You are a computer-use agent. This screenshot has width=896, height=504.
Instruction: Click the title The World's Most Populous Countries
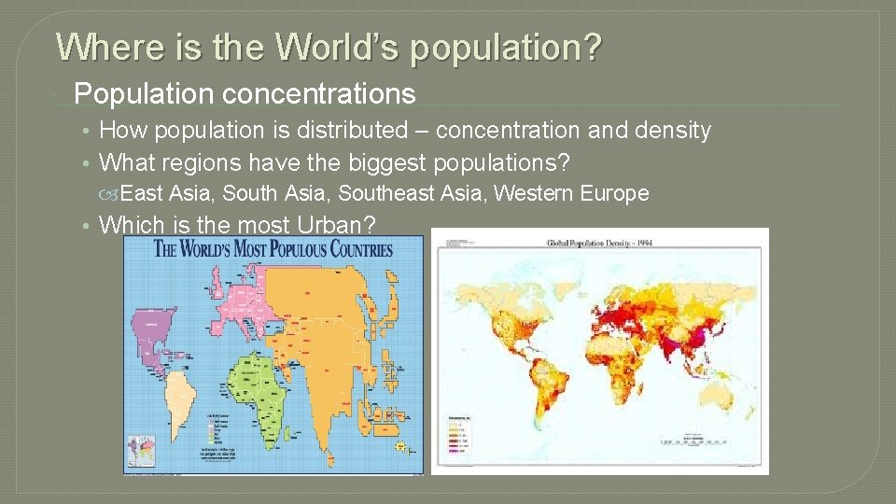(273, 249)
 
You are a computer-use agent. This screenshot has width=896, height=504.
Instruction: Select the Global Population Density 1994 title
(600, 242)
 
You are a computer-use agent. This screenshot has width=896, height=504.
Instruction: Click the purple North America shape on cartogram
(154, 327)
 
